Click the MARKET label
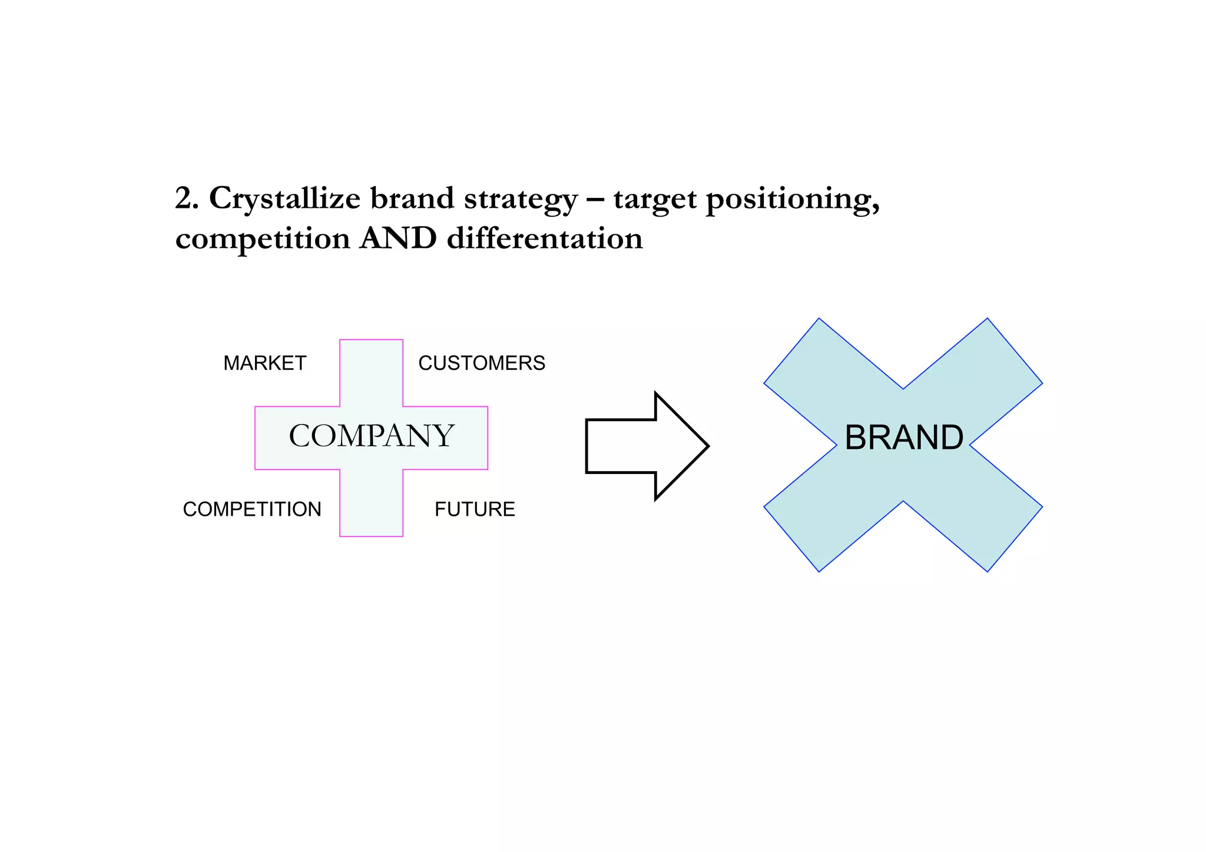[264, 363]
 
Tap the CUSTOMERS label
[481, 363]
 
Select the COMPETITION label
[252, 509]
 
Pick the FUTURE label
[475, 509]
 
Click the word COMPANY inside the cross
[371, 436]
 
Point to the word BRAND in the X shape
[903, 438]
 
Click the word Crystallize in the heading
[284, 198]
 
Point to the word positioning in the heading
[792, 200]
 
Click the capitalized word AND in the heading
[398, 238]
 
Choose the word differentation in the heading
[545, 238]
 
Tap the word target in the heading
[655, 200]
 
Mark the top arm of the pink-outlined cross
[371, 371]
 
